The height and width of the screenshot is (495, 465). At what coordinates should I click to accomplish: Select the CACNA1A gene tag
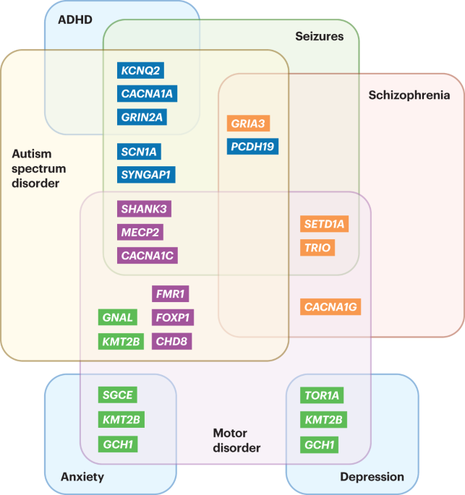point(148,93)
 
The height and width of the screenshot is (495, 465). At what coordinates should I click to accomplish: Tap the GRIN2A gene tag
point(142,116)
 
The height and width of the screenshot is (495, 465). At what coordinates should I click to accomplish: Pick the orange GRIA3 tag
point(248,123)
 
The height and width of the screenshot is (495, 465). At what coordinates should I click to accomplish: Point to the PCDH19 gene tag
point(252,146)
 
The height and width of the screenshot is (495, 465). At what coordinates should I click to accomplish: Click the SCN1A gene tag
point(139,151)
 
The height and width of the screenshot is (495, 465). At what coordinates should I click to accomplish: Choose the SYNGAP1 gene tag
point(147,174)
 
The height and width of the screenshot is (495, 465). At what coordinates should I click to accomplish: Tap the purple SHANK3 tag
point(144,209)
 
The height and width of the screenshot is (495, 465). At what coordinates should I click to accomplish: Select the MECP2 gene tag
point(140,232)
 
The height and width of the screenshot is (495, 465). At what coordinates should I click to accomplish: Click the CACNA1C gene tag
point(148,255)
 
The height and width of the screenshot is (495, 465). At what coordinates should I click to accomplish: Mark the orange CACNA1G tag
point(330,308)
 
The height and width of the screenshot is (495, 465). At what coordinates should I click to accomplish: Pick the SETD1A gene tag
point(324,225)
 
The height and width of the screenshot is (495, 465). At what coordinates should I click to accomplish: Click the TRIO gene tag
point(317,248)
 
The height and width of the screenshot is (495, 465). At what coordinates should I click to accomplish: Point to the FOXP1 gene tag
point(173,317)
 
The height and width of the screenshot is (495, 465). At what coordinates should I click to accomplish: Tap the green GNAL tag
point(117,317)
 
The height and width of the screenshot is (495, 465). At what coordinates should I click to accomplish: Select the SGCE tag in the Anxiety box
point(117,395)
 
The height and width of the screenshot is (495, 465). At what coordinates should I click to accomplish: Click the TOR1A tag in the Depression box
point(323,395)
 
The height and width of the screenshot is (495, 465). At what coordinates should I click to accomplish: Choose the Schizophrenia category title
point(409,95)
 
